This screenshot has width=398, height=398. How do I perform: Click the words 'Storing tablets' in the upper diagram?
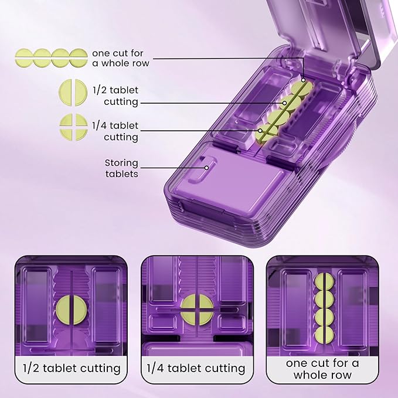[121, 168]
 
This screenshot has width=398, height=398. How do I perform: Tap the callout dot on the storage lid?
[206, 168]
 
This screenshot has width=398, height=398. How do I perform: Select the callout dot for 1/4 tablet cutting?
[260, 131]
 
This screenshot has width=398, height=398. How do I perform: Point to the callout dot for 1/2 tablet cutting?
[284, 103]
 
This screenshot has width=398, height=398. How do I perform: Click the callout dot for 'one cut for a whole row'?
[303, 80]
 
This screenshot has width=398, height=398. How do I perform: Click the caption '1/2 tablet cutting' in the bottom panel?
[72, 368]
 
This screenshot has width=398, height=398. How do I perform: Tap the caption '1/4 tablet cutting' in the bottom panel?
[196, 368]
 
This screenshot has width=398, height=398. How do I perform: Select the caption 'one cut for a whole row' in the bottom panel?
[322, 369]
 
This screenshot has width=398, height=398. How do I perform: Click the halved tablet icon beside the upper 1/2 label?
[73, 93]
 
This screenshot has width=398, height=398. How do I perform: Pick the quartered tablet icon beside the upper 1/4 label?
[74, 127]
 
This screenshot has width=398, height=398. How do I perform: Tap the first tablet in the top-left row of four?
[24, 58]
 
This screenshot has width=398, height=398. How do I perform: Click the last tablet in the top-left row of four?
[79, 58]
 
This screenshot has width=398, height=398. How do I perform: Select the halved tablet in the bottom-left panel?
[72, 310]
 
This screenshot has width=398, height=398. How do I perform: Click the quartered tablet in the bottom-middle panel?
[197, 309]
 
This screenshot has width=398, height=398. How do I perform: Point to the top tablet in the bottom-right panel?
[324, 283]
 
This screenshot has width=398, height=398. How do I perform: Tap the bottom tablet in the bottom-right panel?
[324, 335]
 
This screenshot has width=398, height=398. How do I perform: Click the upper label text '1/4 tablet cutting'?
[115, 131]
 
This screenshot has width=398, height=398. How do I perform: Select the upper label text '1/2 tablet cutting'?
[115, 96]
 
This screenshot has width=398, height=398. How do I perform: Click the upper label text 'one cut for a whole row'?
[121, 58]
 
